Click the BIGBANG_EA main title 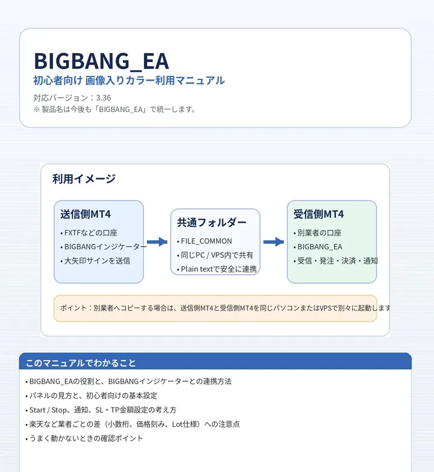(101, 61)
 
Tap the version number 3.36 (104, 98)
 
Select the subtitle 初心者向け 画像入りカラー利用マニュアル (129, 81)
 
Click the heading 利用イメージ (84, 178)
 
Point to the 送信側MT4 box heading (85, 214)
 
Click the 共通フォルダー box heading (212, 223)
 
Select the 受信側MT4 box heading (318, 214)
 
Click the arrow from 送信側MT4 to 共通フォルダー (157, 242)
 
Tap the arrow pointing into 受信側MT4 (273, 242)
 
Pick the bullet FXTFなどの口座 (89, 232)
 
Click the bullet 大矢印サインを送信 (95, 261)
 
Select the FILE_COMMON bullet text (205, 241)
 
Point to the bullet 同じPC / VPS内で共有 (215, 255)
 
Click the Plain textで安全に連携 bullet (217, 269)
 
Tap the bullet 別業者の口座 (317, 232)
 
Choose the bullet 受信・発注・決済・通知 (336, 261)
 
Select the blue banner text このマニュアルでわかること (81, 363)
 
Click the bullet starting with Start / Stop (101, 409)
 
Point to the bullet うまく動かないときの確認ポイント (84, 438)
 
